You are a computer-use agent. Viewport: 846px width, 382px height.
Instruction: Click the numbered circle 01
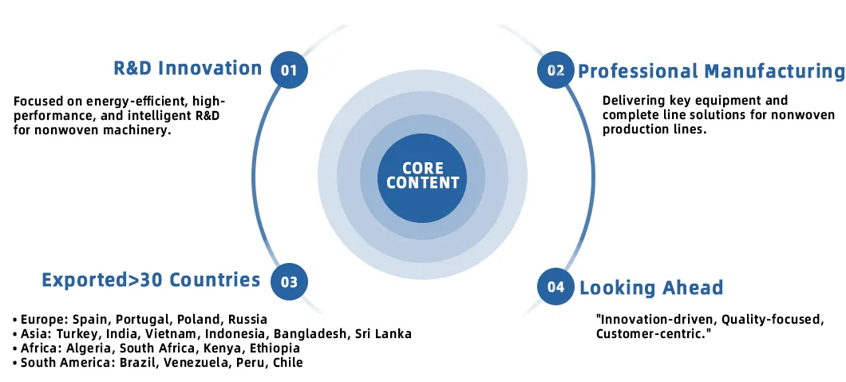click(x=289, y=70)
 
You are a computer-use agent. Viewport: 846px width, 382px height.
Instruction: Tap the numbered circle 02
click(x=555, y=70)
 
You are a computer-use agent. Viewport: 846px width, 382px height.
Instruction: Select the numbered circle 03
click(x=289, y=281)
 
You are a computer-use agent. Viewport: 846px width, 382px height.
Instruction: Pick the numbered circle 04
click(x=555, y=286)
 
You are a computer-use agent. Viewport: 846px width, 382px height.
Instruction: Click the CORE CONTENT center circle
click(x=422, y=176)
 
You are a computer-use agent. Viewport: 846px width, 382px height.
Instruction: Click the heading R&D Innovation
click(x=188, y=69)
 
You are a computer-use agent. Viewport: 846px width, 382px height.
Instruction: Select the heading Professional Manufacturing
click(x=711, y=71)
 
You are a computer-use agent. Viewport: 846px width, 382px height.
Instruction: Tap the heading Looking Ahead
click(x=651, y=288)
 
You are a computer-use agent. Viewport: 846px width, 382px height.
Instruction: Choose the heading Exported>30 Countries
click(x=151, y=280)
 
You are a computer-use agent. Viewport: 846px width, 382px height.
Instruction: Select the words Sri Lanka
click(x=384, y=334)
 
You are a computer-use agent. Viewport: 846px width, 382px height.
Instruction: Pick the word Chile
click(x=288, y=363)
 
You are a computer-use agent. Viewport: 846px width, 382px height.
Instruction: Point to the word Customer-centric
click(x=654, y=333)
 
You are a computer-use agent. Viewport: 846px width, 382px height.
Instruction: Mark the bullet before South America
click(x=16, y=363)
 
